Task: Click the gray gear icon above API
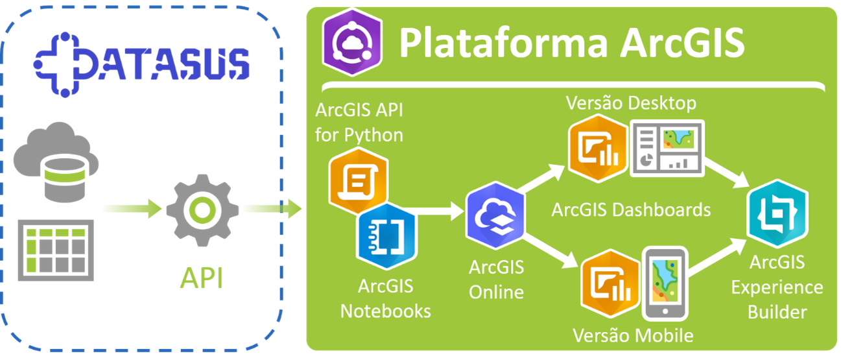(x=200, y=210)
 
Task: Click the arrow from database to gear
(x=132, y=209)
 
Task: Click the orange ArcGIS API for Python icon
(x=359, y=182)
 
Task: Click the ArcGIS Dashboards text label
(x=631, y=210)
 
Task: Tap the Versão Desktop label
(x=631, y=103)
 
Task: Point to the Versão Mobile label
(x=633, y=335)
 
